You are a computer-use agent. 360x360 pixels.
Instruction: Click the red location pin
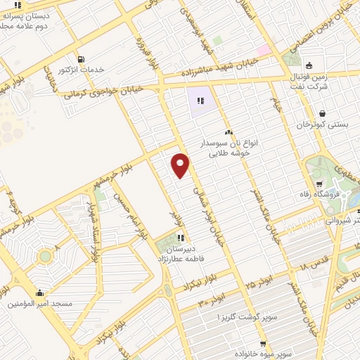pyautogui.click(x=181, y=165)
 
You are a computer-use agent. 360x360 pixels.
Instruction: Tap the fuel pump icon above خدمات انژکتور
pyautogui.click(x=82, y=58)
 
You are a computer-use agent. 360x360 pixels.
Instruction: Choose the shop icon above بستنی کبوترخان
pyautogui.click(x=321, y=113)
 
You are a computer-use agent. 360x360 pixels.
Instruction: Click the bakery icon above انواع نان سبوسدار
pyautogui.click(x=228, y=131)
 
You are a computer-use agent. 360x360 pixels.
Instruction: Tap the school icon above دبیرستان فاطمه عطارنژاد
pyautogui.click(x=181, y=237)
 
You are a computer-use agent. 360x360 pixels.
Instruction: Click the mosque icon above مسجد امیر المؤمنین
pyautogui.click(x=39, y=293)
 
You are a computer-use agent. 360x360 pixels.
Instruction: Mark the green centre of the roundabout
pyautogui.click(x=45, y=256)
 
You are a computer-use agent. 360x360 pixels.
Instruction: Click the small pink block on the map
pyautogui.click(x=263, y=51)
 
